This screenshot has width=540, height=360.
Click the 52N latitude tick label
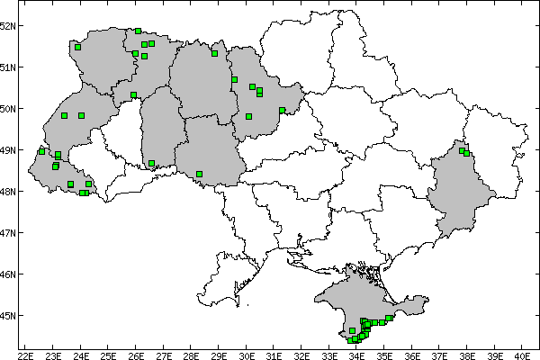pos(8,25)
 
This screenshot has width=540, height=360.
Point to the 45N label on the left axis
pos(8,315)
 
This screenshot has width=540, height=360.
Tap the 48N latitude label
pos(8,191)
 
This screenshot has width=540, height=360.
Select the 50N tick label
pos(8,108)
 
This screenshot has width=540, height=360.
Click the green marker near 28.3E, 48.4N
pos(199,174)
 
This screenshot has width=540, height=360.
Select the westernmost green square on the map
pos(41,151)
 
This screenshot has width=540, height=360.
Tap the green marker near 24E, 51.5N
pos(78,47)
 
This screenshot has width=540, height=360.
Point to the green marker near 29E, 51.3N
pos(214,53)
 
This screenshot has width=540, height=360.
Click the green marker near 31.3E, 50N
pos(282,111)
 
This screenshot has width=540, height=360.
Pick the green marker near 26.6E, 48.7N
pos(151,163)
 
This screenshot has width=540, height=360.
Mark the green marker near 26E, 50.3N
pos(133,94)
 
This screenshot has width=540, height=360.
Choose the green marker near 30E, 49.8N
pos(248,116)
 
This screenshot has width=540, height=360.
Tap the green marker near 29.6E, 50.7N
pos(234,79)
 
